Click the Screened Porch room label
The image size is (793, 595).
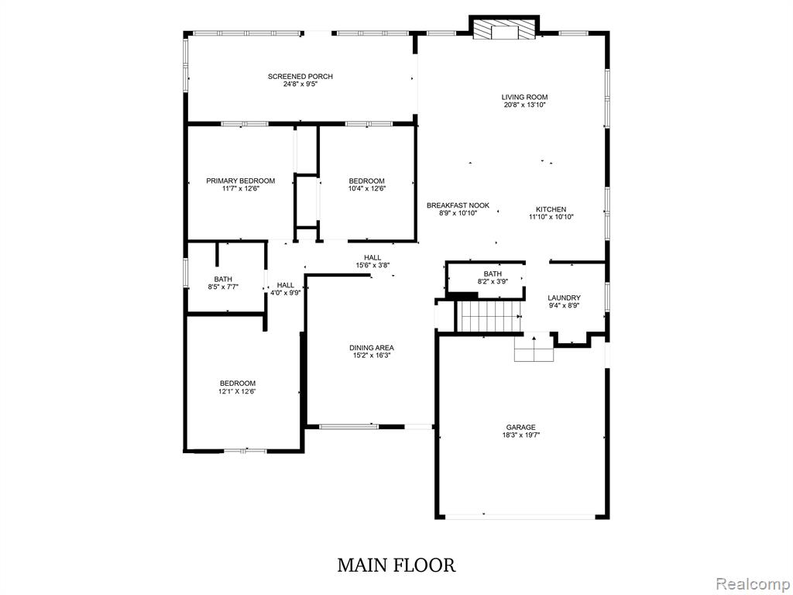pyautogui.click(x=300, y=77)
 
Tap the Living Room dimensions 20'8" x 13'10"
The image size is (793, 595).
pyautogui.click(x=524, y=105)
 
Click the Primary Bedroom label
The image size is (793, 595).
pyautogui.click(x=240, y=181)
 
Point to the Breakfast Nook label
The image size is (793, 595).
pyautogui.click(x=458, y=205)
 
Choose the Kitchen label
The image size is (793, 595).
pyautogui.click(x=551, y=209)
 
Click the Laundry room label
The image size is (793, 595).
pyautogui.click(x=564, y=298)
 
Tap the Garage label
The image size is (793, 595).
pyautogui.click(x=520, y=427)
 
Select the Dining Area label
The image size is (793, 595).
pyautogui.click(x=371, y=348)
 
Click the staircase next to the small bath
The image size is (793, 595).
pyautogui.click(x=489, y=316)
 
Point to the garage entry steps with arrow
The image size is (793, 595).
pyautogui.click(x=534, y=348)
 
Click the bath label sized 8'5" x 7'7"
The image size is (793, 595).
pyautogui.click(x=223, y=283)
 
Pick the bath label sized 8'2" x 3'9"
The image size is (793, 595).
pyautogui.click(x=493, y=278)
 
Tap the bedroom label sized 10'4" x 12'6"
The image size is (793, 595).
pyautogui.click(x=366, y=184)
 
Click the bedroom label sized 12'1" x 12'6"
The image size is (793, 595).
pyautogui.click(x=237, y=387)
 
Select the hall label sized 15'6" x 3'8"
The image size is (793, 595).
pyautogui.click(x=372, y=261)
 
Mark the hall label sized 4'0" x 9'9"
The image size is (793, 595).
pyautogui.click(x=285, y=288)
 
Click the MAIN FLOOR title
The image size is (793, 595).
pyautogui.click(x=396, y=565)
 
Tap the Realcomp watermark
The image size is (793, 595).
pyautogui.click(x=752, y=584)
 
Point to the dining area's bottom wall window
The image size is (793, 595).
pyautogui.click(x=349, y=427)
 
